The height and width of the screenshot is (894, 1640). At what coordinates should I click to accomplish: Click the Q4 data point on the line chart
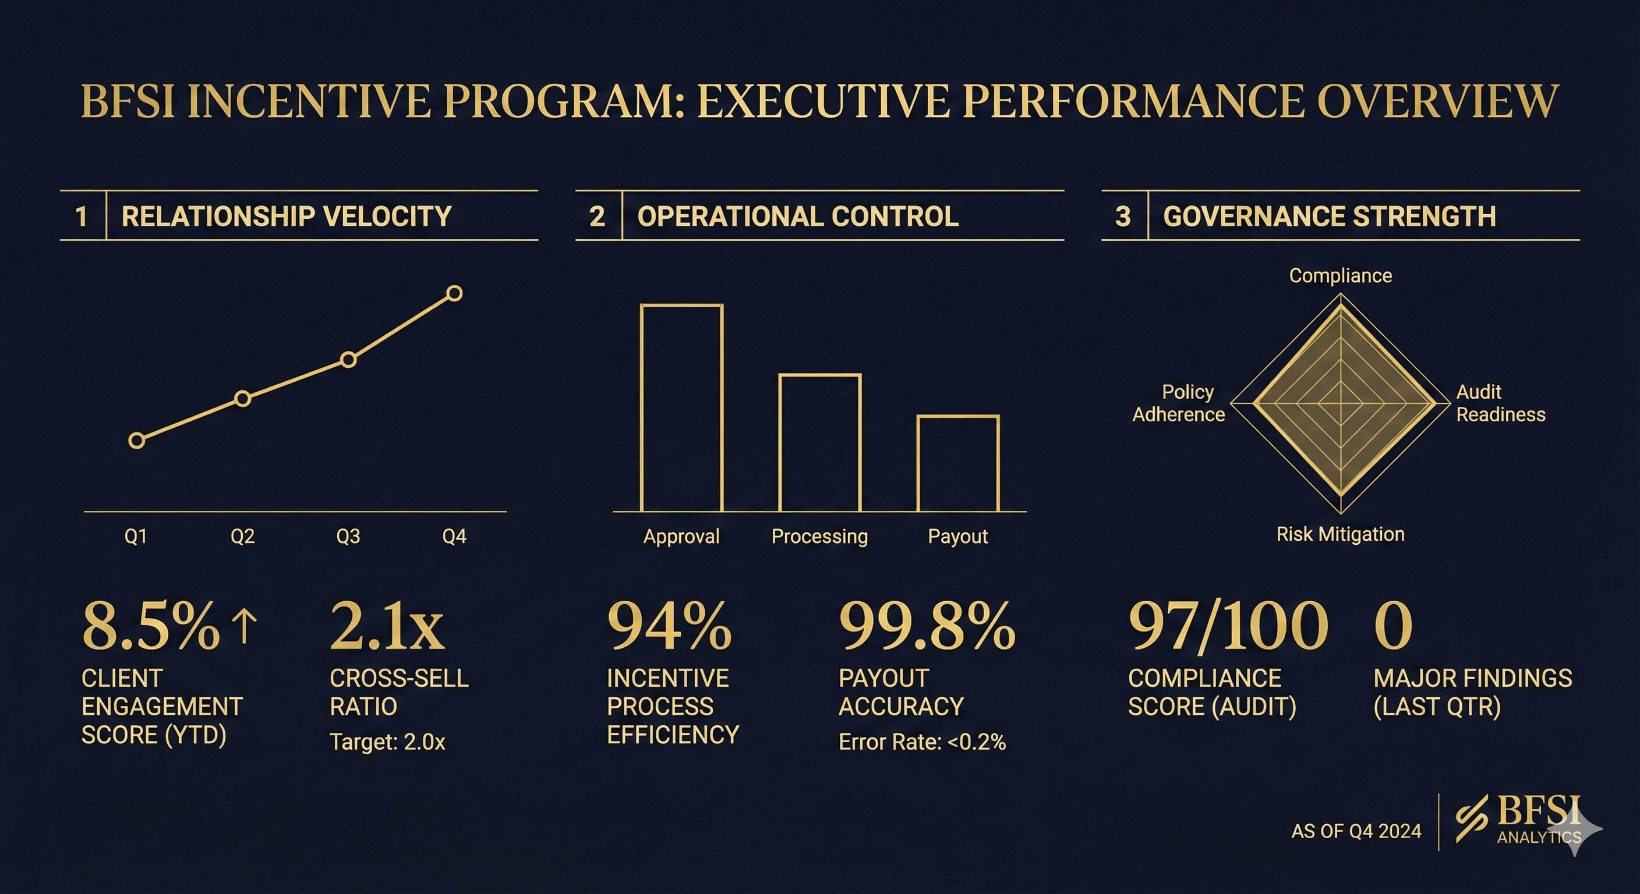pos(454,293)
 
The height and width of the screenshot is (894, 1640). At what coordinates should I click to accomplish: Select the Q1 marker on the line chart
pos(136,441)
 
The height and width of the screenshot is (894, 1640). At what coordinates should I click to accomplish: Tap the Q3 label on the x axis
pos(348,537)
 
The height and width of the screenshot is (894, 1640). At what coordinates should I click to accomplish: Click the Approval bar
pos(681,408)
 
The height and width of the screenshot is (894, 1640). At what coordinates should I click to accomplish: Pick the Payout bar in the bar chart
pos(957,463)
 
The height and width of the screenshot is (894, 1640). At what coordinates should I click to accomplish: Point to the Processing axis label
pos(819,537)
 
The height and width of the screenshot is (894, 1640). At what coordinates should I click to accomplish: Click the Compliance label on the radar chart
pos(1340,275)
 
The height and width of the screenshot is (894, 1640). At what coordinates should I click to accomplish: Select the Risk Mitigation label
pos(1340,534)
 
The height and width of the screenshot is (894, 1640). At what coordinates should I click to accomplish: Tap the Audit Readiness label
pos(1500,403)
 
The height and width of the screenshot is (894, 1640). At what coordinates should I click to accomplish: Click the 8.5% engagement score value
pos(151,627)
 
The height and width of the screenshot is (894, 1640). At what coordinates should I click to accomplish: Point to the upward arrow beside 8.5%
pos(245,625)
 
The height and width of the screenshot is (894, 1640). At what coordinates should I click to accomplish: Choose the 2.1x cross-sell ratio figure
pos(387,627)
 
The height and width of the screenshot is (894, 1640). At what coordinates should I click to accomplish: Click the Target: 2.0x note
pos(387,742)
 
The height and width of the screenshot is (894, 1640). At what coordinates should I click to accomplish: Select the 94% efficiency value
pos(669,627)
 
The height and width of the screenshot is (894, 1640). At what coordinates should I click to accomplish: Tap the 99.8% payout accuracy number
pos(927,627)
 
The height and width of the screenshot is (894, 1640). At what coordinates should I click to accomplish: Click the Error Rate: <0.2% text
pos(922,742)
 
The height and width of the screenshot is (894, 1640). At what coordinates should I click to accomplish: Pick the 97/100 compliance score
pos(1228,627)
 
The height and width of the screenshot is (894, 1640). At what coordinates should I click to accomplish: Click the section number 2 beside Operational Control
pos(596,217)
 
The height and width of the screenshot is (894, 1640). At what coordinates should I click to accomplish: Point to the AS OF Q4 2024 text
pos(1356,831)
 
